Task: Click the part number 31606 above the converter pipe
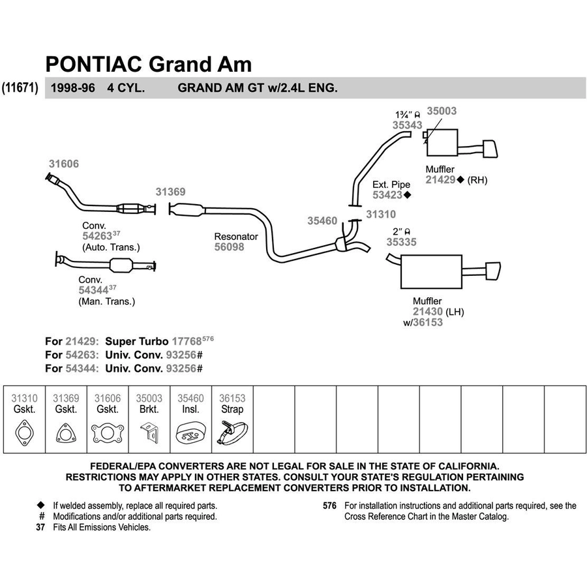[64, 164]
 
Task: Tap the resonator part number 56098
[229, 247]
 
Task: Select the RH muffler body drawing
[442, 143]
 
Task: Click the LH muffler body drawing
[431, 272]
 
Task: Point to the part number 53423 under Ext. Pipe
[387, 195]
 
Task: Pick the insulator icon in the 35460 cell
[190, 434]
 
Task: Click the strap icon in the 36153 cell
[232, 434]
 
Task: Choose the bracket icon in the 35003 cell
[150, 432]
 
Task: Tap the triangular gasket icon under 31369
[67, 434]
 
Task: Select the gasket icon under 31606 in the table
[108, 434]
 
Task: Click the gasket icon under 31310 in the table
[24, 433]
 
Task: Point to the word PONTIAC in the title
[93, 64]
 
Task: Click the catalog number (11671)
[20, 88]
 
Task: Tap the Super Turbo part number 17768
[187, 341]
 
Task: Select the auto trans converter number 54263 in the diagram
[97, 236]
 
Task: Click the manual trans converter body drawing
[121, 265]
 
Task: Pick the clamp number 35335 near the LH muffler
[401, 242]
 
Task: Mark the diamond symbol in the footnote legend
[41, 505]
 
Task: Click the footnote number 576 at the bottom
[329, 505]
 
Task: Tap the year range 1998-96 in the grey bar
[72, 88]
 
